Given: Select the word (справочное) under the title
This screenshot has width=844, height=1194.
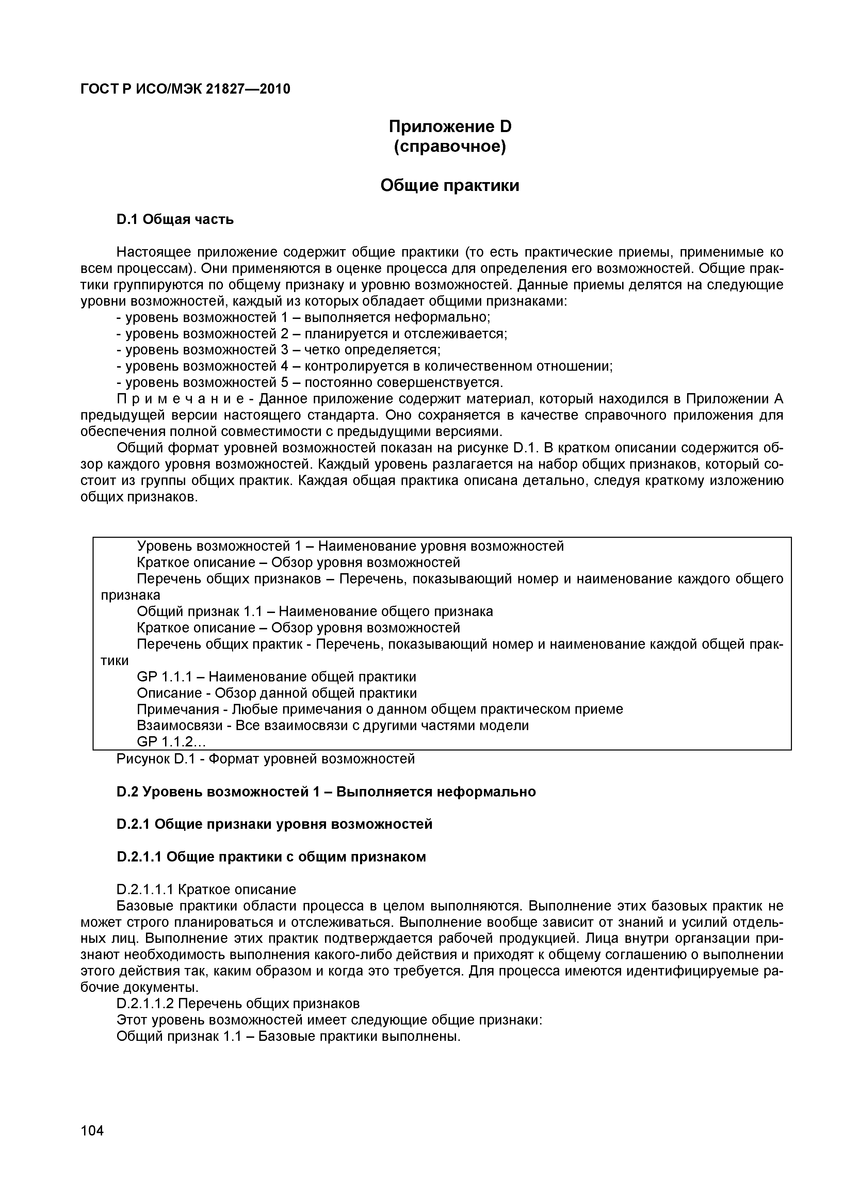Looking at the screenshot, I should click(x=450, y=147).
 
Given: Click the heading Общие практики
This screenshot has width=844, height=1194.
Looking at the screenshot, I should click(x=450, y=185).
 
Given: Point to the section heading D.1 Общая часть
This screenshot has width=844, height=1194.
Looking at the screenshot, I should click(x=175, y=220).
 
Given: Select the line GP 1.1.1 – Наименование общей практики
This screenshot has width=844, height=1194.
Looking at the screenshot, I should click(x=276, y=677).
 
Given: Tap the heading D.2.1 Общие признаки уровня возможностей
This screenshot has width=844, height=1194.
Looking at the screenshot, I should click(x=275, y=824).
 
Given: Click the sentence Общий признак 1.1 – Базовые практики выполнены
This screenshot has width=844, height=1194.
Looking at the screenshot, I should click(x=289, y=1036).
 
